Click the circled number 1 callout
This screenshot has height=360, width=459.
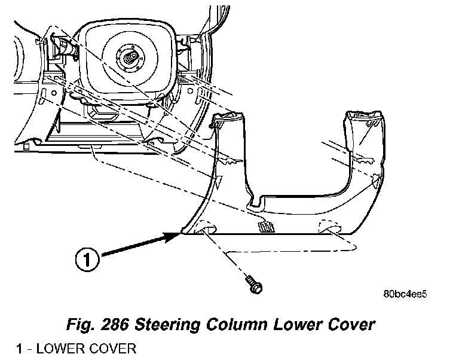tap(88, 258)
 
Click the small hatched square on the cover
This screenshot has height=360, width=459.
tap(264, 225)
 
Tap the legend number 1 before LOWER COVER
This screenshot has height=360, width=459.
tap(20, 348)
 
